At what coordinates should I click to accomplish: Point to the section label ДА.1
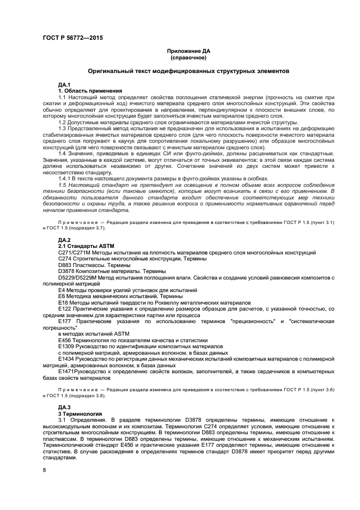click(64, 84)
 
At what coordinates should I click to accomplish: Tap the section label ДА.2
click(64, 240)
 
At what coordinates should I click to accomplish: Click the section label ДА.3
click(64, 407)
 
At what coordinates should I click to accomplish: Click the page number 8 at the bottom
click(45, 469)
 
